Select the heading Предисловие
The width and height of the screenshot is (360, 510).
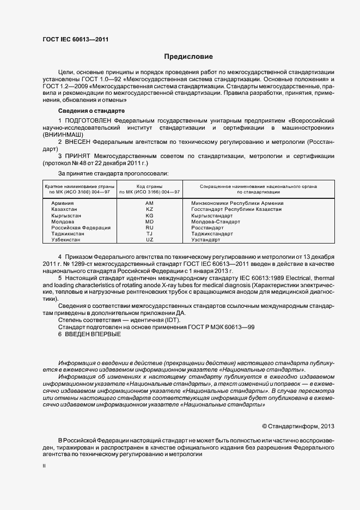pos(188,57)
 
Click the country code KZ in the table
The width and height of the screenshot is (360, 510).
pos(150,209)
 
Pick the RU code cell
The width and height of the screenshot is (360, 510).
pos(150,228)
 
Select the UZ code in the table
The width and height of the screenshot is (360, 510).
pos(150,240)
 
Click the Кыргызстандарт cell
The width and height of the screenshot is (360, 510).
pos(212,216)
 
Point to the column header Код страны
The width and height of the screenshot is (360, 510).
pos(150,186)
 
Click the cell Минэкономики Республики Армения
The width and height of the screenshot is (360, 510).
pos(237,203)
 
